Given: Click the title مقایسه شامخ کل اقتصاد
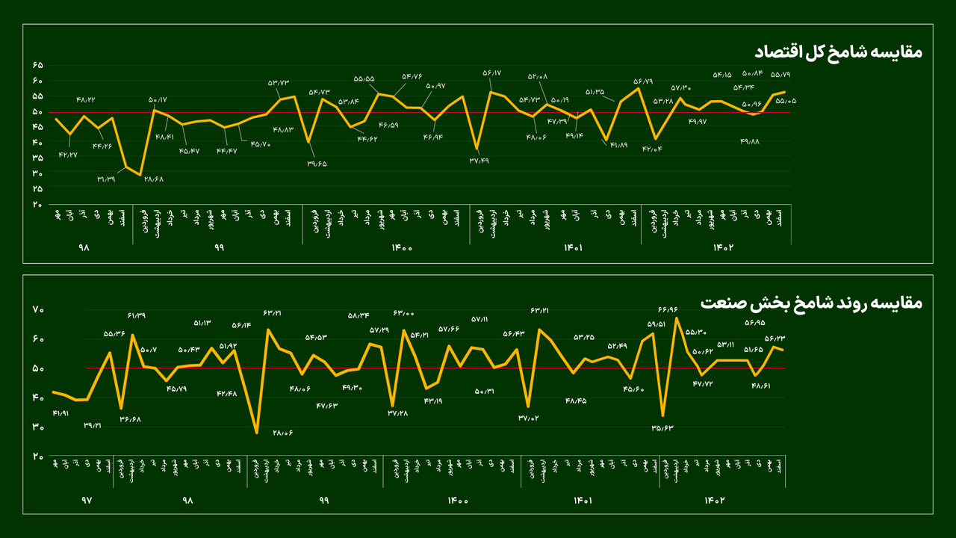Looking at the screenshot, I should point(838,52).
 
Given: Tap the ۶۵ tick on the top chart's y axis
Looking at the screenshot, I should point(38,66).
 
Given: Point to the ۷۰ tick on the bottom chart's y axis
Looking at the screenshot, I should point(39,310).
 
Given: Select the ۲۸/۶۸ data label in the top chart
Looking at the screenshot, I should point(153,179).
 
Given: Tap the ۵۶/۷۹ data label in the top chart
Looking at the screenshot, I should point(643,81).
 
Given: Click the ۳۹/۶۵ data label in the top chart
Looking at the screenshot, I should point(316,163).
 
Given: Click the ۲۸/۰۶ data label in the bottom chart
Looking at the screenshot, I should point(282,433).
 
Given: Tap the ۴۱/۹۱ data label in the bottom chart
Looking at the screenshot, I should point(60,413).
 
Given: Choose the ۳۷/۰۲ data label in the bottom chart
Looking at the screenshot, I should point(529,418).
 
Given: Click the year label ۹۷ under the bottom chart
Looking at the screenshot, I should point(85,500).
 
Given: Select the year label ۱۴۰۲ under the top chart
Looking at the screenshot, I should point(724,247).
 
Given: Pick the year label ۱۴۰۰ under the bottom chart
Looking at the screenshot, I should point(457,500).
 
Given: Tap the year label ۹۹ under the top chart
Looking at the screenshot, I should point(218,247).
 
